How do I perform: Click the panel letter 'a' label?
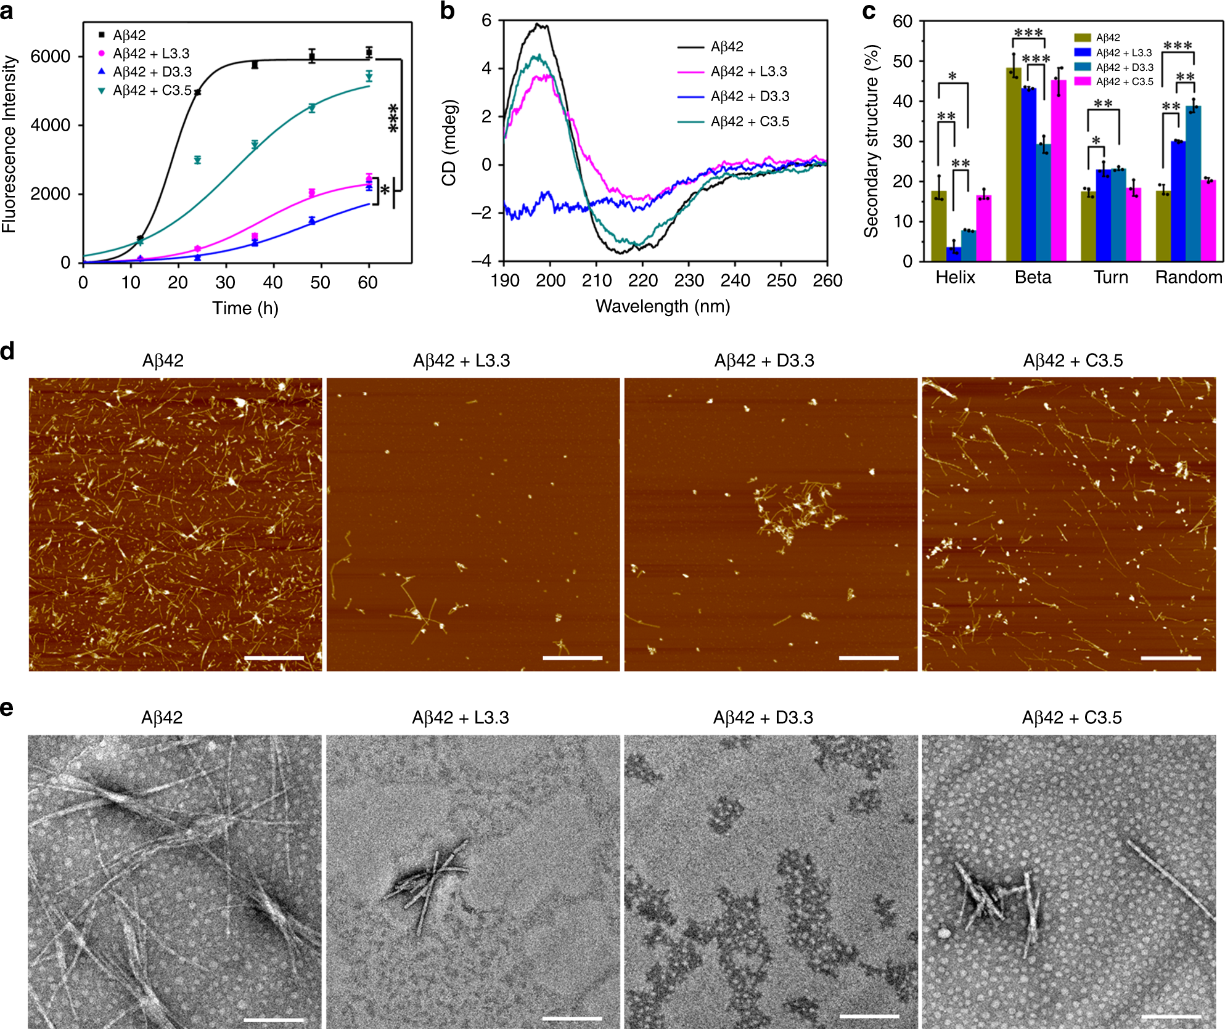coord(8,12)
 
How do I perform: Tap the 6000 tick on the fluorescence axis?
coord(51,57)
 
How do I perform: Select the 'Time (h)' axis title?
coord(245,308)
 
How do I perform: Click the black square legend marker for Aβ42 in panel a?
coord(102,35)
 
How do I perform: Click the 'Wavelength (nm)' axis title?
coord(663,306)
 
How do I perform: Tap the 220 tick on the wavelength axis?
coord(643,281)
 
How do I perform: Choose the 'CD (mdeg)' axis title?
coord(449,142)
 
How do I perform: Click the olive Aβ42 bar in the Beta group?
coord(1014,165)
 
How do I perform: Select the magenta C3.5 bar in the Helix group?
coord(984,229)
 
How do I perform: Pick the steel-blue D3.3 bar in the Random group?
coord(1193,184)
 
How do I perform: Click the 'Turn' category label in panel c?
coord(1111,277)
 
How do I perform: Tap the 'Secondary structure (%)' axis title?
coord(871,141)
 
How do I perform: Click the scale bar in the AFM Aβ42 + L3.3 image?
coord(572,658)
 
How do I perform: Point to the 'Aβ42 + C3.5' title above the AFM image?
coord(1073,360)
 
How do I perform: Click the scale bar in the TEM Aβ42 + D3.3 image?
coord(869,1015)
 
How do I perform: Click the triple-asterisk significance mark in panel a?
coord(393,118)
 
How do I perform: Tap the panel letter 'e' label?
coord(7,709)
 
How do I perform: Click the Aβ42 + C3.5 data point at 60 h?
coord(369,76)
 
